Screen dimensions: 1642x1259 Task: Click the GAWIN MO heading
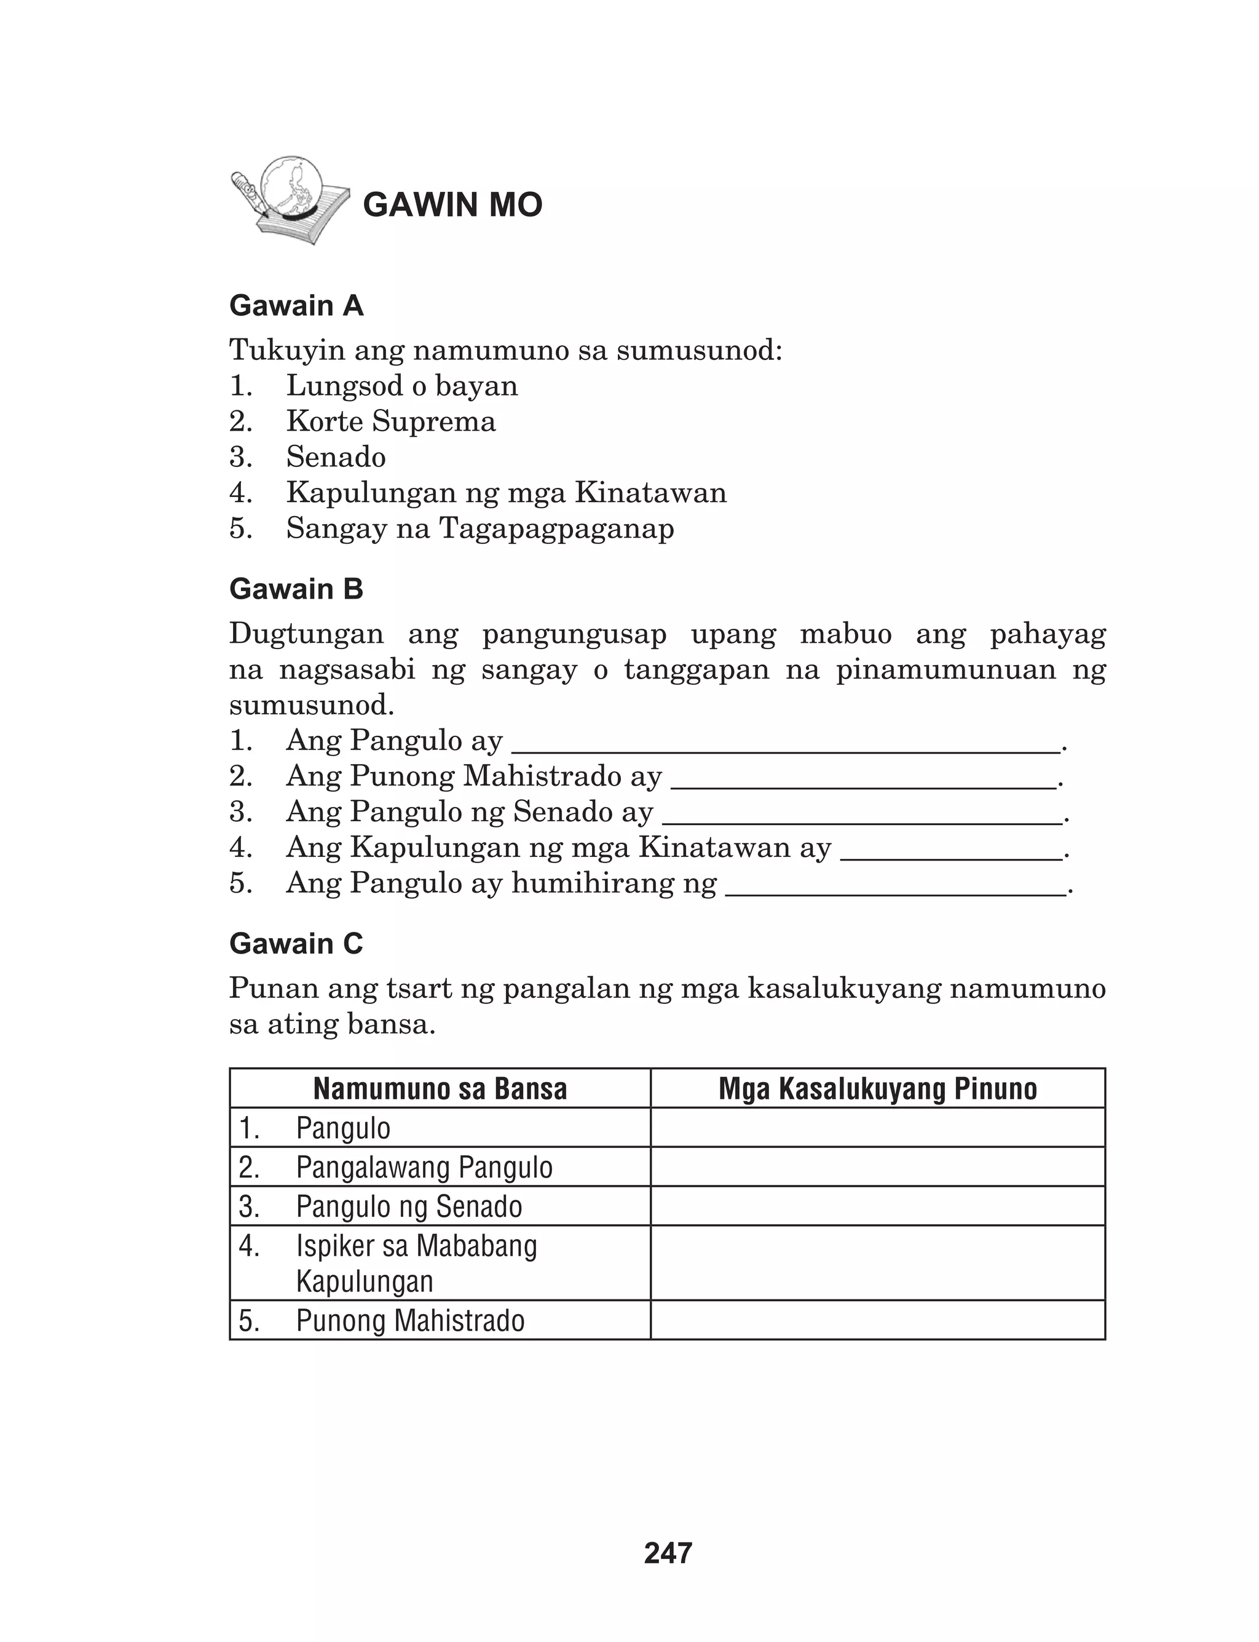(x=452, y=205)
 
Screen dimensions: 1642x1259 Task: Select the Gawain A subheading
(x=296, y=306)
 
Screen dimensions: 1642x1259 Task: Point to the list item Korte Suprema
(x=390, y=421)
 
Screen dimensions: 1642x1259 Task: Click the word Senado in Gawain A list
(x=336, y=457)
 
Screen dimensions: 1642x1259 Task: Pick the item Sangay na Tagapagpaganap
(x=480, y=528)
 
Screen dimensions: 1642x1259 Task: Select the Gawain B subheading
(x=296, y=589)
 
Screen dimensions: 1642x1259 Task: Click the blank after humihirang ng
(x=895, y=889)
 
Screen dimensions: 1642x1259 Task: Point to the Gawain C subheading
(x=296, y=944)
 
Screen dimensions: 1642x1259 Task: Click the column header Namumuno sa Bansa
(x=440, y=1089)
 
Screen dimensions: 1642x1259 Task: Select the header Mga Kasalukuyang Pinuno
(x=878, y=1089)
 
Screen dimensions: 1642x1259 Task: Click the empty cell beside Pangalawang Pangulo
(x=878, y=1168)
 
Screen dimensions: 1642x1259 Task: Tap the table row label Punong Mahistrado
(x=410, y=1320)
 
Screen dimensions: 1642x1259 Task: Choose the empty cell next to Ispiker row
(x=878, y=1264)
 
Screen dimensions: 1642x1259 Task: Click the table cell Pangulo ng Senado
(x=408, y=1206)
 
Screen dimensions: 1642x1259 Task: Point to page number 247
(x=668, y=1553)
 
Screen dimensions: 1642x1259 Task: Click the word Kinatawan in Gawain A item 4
(x=650, y=493)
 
